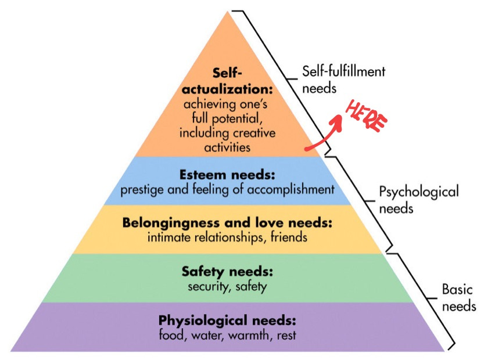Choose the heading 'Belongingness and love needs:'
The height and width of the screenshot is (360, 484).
point(227,223)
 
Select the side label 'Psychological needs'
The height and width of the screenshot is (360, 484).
point(418,199)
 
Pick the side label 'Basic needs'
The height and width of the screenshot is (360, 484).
point(458,297)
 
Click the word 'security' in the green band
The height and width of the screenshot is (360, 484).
point(206,286)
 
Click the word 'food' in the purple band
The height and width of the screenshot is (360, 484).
point(170,335)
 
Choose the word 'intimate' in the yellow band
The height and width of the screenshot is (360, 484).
point(168,237)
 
